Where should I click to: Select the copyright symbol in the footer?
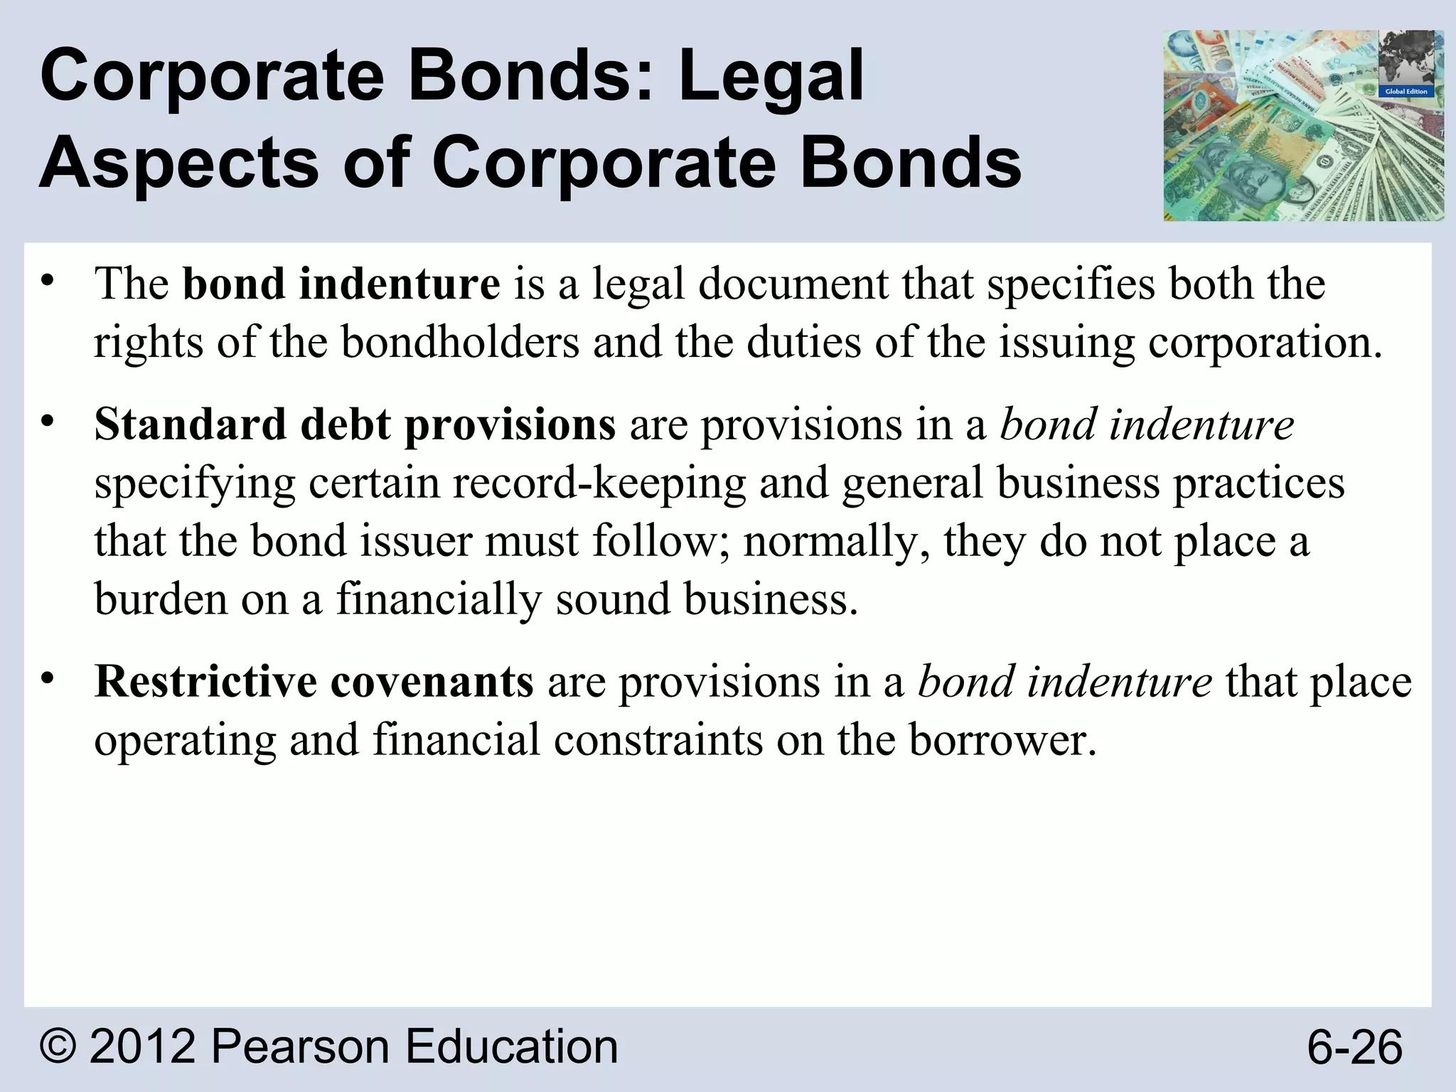[x=60, y=1046]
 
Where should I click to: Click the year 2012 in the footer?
[x=142, y=1046]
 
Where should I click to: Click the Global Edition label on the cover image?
[x=1406, y=92]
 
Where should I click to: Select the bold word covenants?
[x=432, y=681]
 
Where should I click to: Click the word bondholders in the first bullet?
[x=460, y=342]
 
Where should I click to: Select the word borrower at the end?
[x=1002, y=739]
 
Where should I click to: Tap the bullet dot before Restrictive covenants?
[x=47, y=679]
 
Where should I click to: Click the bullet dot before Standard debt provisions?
[x=47, y=422]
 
